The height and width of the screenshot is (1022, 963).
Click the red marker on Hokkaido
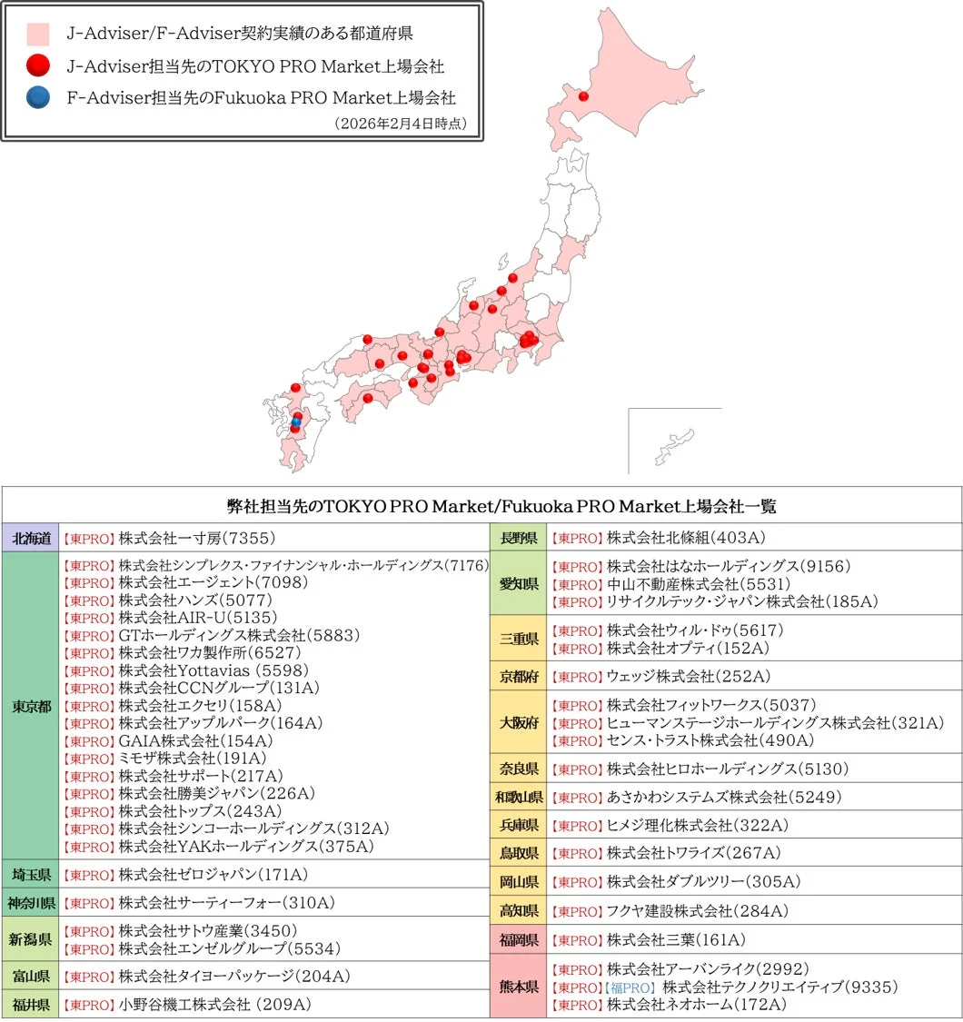583,95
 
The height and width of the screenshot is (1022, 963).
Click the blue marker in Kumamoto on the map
295,422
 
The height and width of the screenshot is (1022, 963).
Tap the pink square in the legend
38,35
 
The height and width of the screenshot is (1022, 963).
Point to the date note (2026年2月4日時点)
401,123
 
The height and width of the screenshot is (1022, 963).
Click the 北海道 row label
31,537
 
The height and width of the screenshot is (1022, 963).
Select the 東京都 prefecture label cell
31,706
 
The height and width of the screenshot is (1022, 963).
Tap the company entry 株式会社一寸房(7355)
196,537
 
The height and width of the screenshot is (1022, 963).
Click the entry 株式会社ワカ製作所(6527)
210,652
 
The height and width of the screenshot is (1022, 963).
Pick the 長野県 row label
519,537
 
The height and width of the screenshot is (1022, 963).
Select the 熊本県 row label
519,987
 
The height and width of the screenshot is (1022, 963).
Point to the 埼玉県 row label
31,875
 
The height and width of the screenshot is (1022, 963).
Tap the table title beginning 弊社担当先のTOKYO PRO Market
481,505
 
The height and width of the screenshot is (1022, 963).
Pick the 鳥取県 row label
519,853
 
